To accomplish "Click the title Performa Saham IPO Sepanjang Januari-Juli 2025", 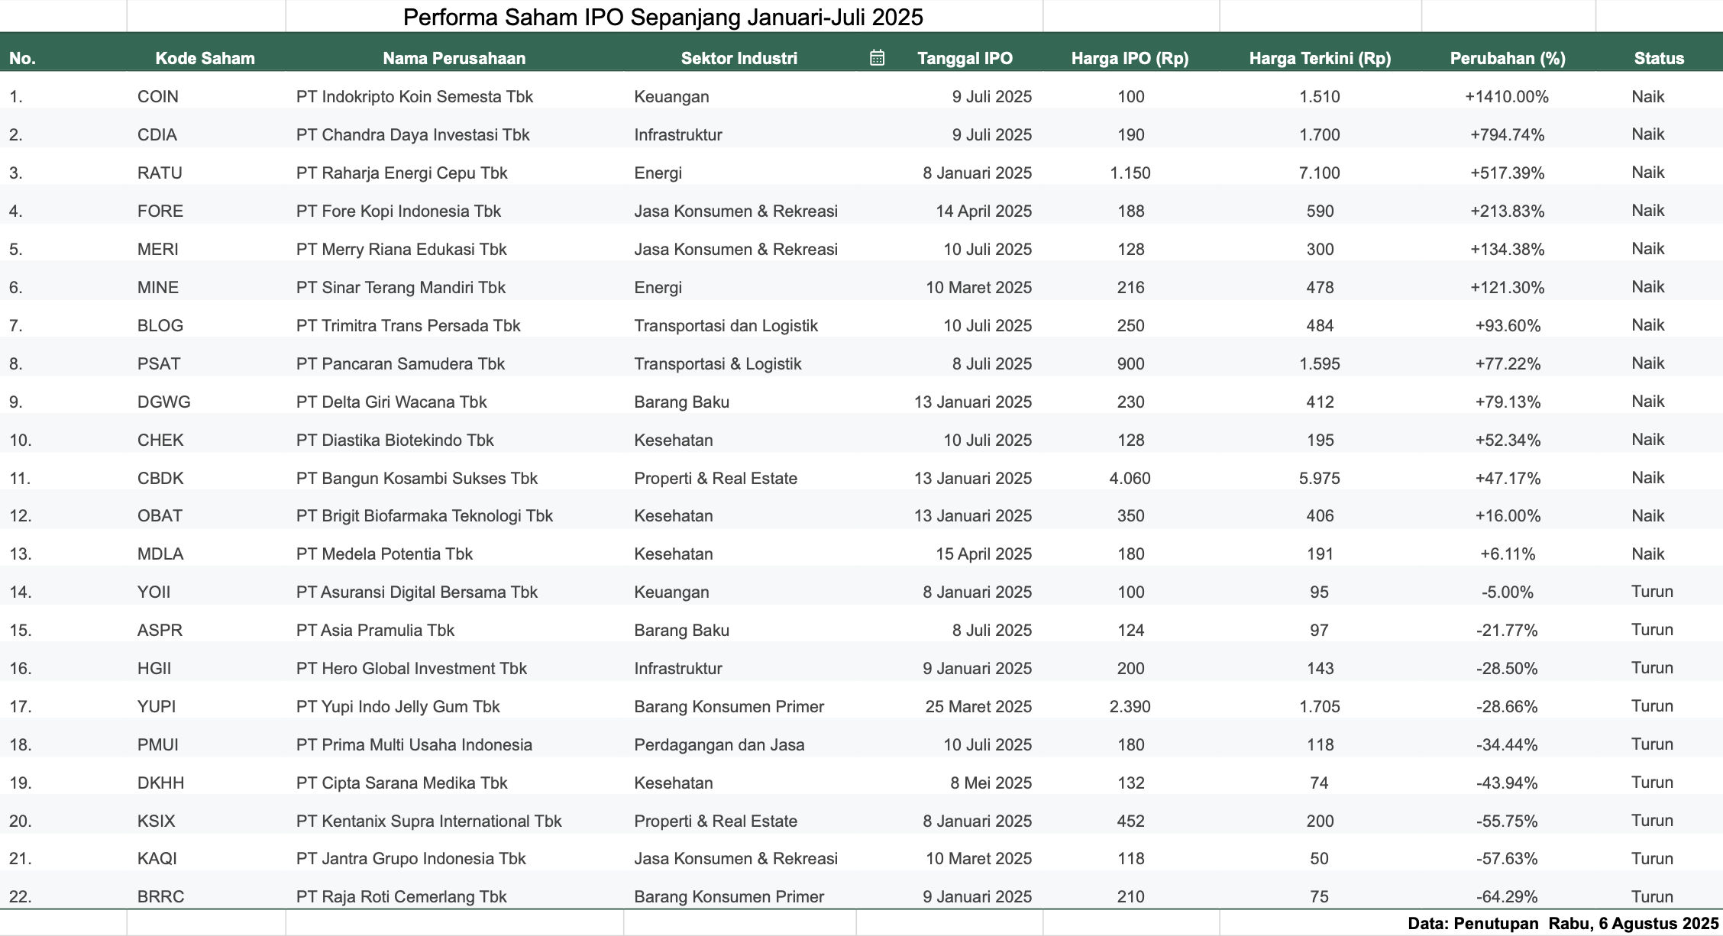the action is [x=663, y=17].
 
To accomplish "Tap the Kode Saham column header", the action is [x=205, y=58].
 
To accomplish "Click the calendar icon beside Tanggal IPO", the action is [x=877, y=57].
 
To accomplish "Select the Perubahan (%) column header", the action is [x=1508, y=58].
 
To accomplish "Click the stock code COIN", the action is [x=158, y=96].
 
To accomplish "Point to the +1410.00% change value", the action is [x=1507, y=96].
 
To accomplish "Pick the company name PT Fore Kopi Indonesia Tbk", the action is [x=399, y=211].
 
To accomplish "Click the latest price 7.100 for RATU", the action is [x=1320, y=173].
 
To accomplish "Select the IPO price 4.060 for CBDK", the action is [x=1130, y=478].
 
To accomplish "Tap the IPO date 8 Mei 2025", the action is [x=991, y=783].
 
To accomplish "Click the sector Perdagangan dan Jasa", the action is [x=719, y=744].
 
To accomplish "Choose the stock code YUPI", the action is [x=157, y=706].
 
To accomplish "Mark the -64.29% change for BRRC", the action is [x=1507, y=896].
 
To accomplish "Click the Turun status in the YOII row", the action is [x=1652, y=592].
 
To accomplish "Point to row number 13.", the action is [x=21, y=554].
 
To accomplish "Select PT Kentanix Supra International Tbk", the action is [x=428, y=821].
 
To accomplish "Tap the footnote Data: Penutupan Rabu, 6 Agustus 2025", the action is [x=1563, y=923].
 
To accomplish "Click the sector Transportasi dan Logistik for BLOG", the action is [x=726, y=325].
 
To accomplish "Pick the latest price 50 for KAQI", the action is [x=1319, y=858].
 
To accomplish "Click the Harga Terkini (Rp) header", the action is [x=1320, y=58].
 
